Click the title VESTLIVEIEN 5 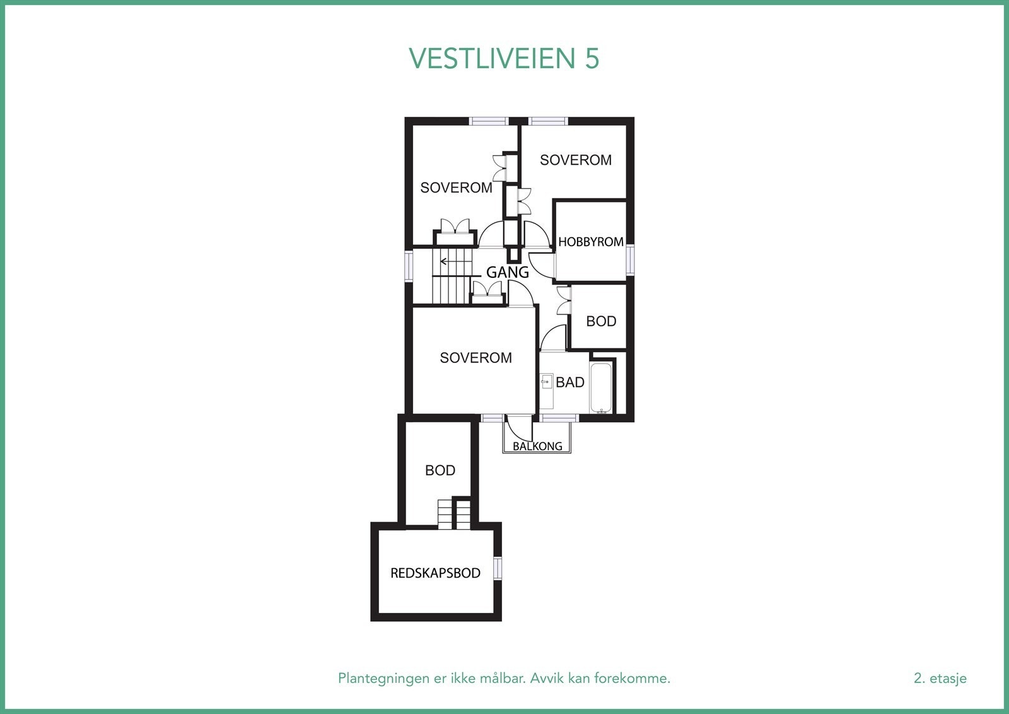tap(504, 59)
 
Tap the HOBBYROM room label tap(590, 242)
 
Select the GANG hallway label tap(507, 273)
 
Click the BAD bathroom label tap(569, 383)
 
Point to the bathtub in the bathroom tap(602, 387)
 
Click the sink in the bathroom tap(546, 383)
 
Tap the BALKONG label tap(537, 446)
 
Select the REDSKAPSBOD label tap(435, 573)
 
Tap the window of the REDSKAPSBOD tap(498, 568)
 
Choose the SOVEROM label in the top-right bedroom tap(575, 160)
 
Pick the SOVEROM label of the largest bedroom tap(475, 358)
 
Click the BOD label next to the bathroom tap(600, 321)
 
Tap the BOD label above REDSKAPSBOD tap(440, 470)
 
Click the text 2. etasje tap(940, 679)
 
